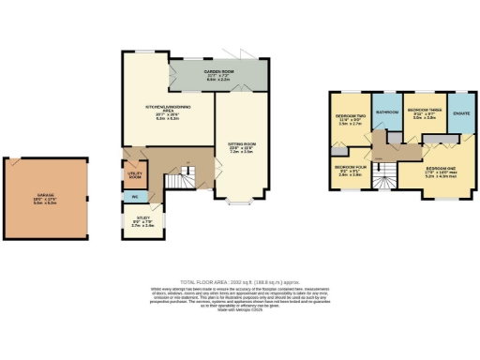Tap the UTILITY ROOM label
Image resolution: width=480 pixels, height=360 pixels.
(x=134, y=174)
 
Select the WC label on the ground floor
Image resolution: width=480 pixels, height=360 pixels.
(x=134, y=198)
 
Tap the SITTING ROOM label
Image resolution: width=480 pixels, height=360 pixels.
(x=241, y=146)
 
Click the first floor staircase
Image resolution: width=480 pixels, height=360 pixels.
(x=382, y=173)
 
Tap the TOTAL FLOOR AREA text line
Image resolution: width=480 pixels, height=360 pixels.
(x=239, y=281)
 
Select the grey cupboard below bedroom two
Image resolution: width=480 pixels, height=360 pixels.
(x=337, y=150)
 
